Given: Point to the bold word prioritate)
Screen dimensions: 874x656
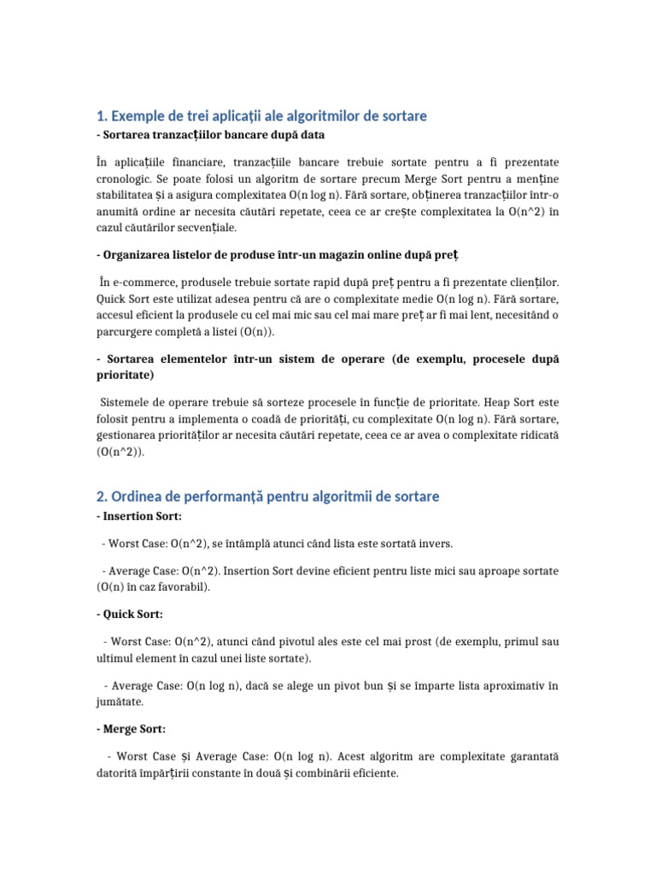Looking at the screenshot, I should (x=125, y=375).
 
